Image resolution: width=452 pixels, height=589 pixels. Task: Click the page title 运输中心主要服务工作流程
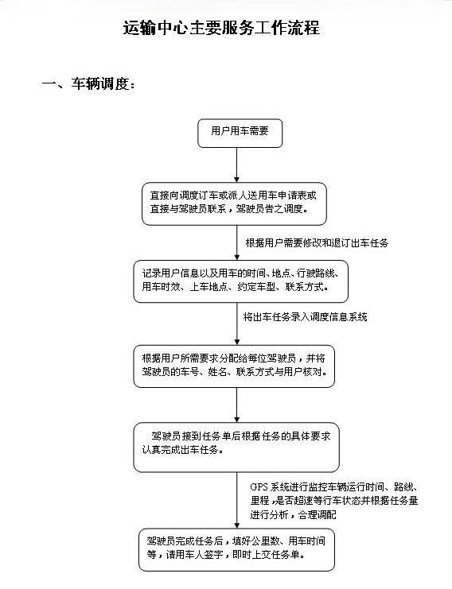pyautogui.click(x=221, y=28)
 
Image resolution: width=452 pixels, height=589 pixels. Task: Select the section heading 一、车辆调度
pyautogui.click(x=88, y=83)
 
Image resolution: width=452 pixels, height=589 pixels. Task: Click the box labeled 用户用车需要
pyautogui.click(x=240, y=134)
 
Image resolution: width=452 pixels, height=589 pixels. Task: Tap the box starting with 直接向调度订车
pyautogui.click(x=234, y=204)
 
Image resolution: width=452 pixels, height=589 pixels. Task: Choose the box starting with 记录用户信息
pyautogui.click(x=240, y=281)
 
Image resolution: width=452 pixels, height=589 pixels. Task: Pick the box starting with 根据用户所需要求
pyautogui.click(x=234, y=366)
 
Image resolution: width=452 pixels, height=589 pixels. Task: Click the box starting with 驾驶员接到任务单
pyautogui.click(x=236, y=447)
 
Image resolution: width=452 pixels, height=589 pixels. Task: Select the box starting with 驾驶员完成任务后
pyautogui.click(x=236, y=549)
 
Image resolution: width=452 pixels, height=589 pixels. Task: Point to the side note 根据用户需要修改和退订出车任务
pyautogui.click(x=317, y=243)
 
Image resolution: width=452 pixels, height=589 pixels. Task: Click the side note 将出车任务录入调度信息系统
pyautogui.click(x=305, y=317)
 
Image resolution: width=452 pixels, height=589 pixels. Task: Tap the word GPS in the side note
pyautogui.click(x=259, y=487)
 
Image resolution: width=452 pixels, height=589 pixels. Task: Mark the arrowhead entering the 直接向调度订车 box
pyautogui.click(x=237, y=180)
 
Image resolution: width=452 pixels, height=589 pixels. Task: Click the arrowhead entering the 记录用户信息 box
pyautogui.click(x=237, y=257)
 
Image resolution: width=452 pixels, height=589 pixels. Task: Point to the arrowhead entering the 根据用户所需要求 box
pyautogui.click(x=237, y=342)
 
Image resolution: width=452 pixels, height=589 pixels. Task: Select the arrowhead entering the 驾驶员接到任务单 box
pyautogui.click(x=237, y=419)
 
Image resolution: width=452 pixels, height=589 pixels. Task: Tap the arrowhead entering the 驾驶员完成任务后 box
pyautogui.click(x=237, y=525)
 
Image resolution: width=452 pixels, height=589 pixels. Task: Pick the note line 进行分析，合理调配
pyautogui.click(x=294, y=514)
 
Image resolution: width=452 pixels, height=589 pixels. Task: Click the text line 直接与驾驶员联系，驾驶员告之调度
pyautogui.click(x=229, y=209)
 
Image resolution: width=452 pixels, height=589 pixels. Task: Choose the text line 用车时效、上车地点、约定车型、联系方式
pyautogui.click(x=236, y=287)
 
